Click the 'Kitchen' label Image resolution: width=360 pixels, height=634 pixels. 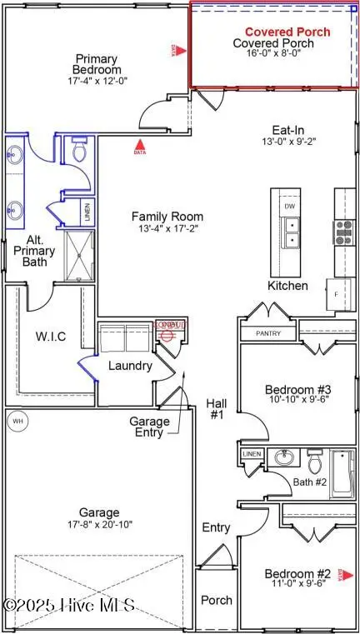(287, 286)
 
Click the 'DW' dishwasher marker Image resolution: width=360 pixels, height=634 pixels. (289, 205)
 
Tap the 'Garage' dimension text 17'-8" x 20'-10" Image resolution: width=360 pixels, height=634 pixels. (98, 525)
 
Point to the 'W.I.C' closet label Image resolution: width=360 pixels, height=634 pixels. (50, 337)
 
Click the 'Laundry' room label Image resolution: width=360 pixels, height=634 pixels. (130, 366)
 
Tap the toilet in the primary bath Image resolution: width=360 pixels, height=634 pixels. (80, 150)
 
